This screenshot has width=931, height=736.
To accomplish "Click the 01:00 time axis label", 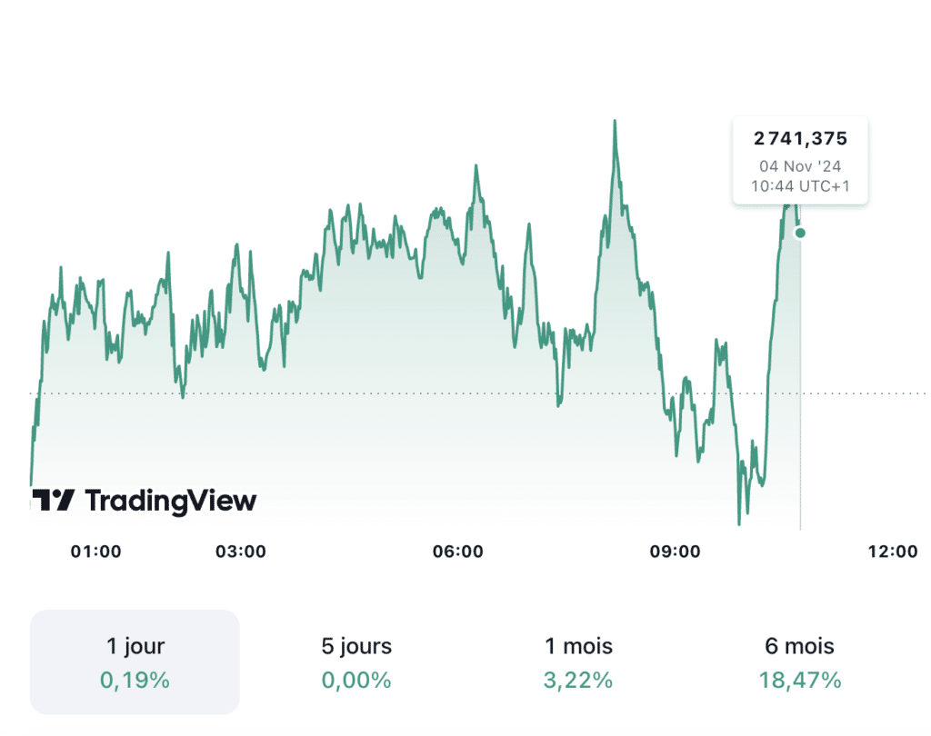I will (x=96, y=552).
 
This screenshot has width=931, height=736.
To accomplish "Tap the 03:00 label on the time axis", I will (x=241, y=552).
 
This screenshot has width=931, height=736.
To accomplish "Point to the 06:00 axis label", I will (x=457, y=552).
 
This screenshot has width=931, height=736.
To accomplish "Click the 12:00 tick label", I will (x=892, y=552).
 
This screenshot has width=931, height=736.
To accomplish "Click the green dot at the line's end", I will (x=800, y=233).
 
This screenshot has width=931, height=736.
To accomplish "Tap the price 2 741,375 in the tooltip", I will (x=800, y=139).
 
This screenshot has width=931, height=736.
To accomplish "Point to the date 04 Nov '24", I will (x=800, y=166).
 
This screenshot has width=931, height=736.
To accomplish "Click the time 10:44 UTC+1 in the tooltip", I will (x=800, y=186).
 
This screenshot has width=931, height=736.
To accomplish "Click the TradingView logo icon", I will (x=53, y=500).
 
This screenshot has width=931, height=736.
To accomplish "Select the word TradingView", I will (x=171, y=500).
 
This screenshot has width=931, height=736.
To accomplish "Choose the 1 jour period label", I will (x=135, y=646).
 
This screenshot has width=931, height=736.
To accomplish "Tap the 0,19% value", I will (x=135, y=680).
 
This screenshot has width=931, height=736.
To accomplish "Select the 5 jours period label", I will (x=356, y=646).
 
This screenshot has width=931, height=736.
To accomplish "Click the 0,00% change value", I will (x=356, y=680).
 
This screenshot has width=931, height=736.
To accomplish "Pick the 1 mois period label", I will (x=579, y=646).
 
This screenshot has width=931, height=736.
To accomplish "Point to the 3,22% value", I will (x=579, y=680).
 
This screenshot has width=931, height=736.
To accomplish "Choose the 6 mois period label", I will (x=800, y=646).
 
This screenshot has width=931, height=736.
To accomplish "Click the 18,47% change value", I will (x=800, y=680).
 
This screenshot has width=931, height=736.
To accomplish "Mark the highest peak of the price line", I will (x=615, y=121).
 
